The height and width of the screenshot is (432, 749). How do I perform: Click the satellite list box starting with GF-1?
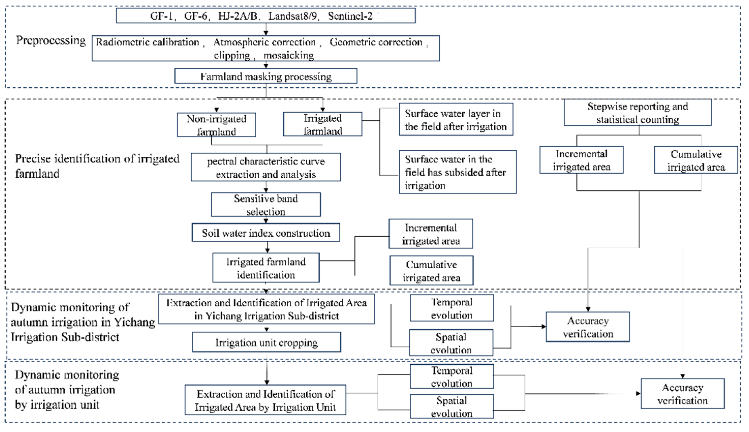266,16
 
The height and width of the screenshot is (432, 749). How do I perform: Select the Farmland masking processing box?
266,76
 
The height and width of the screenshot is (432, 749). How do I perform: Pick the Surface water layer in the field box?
456,120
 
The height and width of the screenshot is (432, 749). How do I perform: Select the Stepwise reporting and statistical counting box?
637,113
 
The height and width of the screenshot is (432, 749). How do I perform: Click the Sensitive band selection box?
266,205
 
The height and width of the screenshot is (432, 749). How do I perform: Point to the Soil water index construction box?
266,233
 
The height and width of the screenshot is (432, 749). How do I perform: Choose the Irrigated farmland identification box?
266,268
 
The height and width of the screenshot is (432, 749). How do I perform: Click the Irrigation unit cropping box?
266,342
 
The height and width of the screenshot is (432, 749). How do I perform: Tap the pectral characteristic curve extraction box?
266,167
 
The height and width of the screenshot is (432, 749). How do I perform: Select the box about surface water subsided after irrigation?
457,172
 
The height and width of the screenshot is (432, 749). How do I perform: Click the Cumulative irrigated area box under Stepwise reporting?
696,160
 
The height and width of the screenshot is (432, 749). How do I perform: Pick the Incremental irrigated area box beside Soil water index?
431,234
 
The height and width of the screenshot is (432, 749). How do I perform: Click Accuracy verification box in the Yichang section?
588,327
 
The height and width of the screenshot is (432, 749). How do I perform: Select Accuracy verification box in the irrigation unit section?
682,394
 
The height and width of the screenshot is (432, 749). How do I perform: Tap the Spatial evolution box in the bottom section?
451,407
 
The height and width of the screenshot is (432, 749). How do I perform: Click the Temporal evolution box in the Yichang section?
451,308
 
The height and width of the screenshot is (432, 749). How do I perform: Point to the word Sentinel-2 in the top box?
350,16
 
